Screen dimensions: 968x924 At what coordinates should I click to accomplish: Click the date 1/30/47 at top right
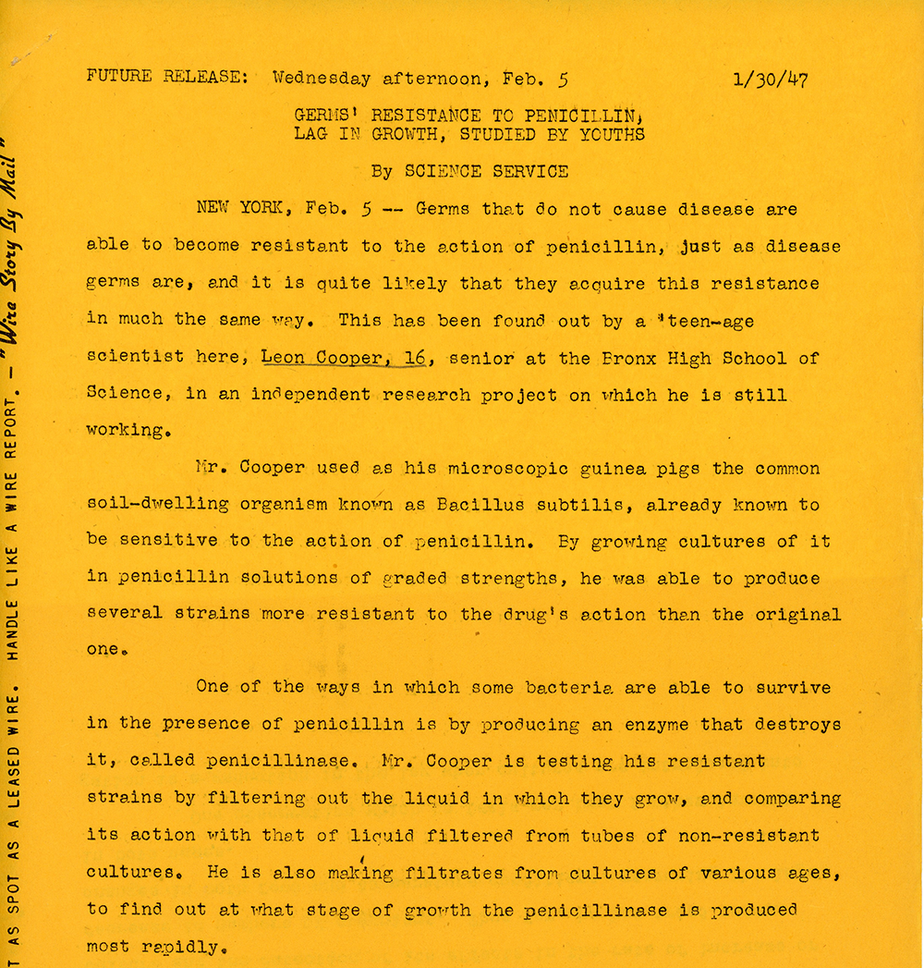pos(769,80)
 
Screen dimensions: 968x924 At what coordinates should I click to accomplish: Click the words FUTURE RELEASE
pos(167,77)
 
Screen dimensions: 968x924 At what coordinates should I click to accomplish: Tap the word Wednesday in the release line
pos(322,79)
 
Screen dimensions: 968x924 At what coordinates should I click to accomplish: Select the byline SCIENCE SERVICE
pos(486,171)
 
